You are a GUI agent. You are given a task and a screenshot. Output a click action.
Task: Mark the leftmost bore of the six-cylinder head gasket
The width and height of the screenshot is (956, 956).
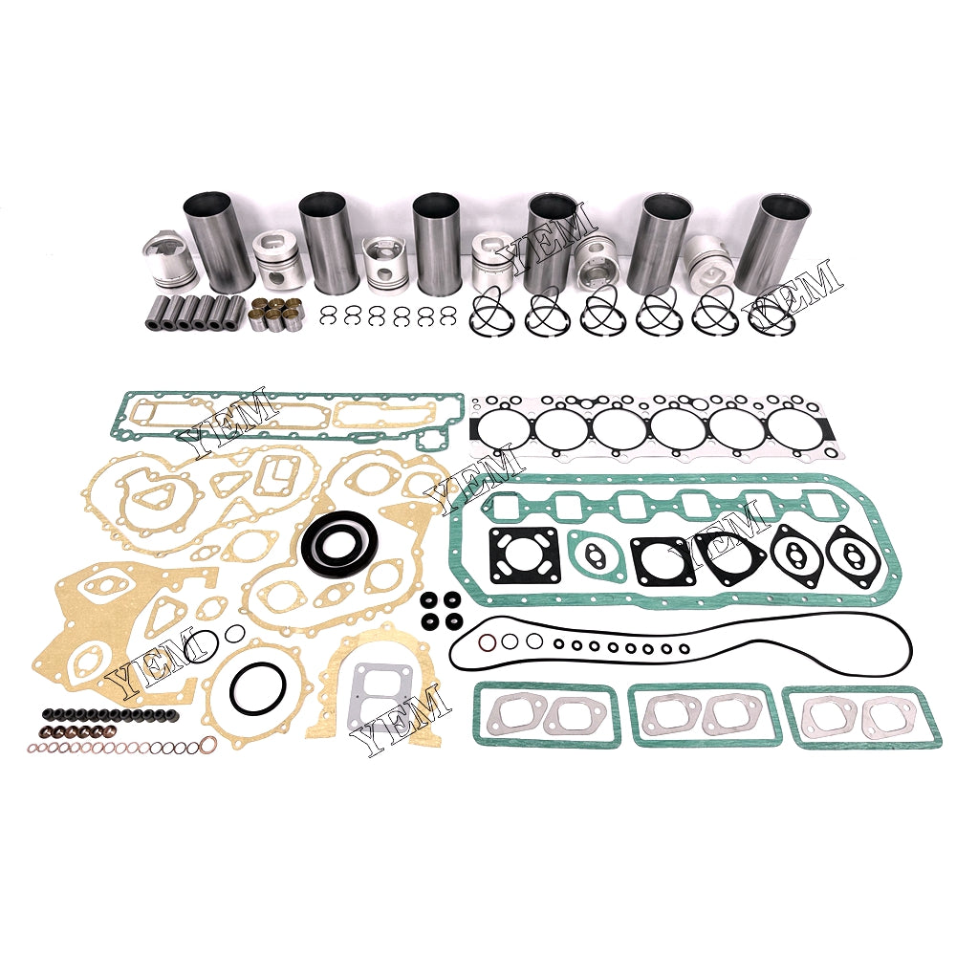[x=506, y=428]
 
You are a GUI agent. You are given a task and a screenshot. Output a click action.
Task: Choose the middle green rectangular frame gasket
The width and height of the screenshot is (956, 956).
[x=705, y=715]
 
